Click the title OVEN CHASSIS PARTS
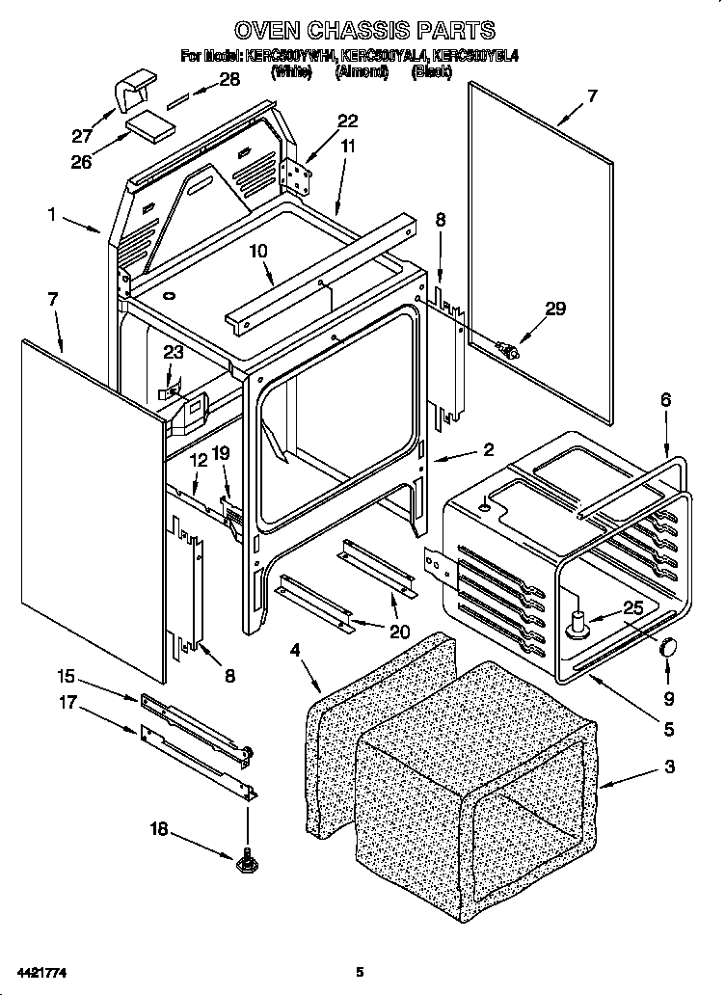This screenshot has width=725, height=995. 364,30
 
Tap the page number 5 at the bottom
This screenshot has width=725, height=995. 359,970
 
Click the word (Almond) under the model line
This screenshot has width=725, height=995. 362,71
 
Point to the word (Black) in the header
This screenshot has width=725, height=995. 432,71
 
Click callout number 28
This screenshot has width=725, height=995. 229,80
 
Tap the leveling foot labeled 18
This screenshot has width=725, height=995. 247,857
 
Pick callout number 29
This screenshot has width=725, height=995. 554,309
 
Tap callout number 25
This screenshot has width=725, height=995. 631,607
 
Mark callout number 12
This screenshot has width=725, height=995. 199,462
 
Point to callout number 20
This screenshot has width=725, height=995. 398,632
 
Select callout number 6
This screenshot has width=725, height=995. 665,399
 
